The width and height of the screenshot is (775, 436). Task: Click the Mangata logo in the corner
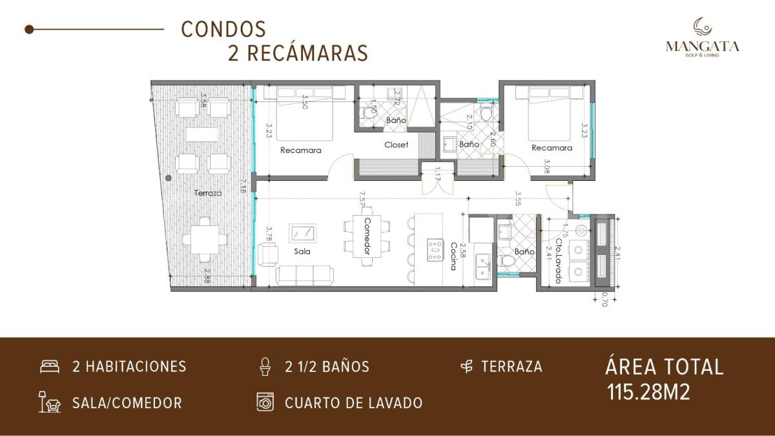(703, 37)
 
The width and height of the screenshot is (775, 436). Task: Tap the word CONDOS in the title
(223, 29)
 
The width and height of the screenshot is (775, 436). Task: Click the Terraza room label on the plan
(208, 193)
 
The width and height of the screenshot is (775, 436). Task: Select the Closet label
(396, 145)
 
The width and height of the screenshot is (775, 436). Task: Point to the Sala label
(302, 251)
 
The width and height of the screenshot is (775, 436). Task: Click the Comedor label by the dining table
(367, 236)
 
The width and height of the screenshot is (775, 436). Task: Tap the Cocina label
(454, 256)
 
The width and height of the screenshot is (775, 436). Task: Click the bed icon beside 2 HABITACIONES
(49, 367)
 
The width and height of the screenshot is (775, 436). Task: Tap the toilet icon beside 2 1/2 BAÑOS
(263, 366)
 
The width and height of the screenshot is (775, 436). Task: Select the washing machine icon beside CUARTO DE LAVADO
(264, 402)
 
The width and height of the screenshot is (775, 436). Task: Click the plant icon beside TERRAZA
(466, 367)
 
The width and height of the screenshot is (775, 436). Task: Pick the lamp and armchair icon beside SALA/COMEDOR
(49, 402)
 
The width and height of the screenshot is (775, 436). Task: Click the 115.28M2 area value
(648, 391)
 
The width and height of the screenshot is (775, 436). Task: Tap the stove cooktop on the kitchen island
(435, 249)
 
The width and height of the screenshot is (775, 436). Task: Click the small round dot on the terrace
(168, 176)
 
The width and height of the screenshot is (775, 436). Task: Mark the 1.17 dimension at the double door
(437, 173)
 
